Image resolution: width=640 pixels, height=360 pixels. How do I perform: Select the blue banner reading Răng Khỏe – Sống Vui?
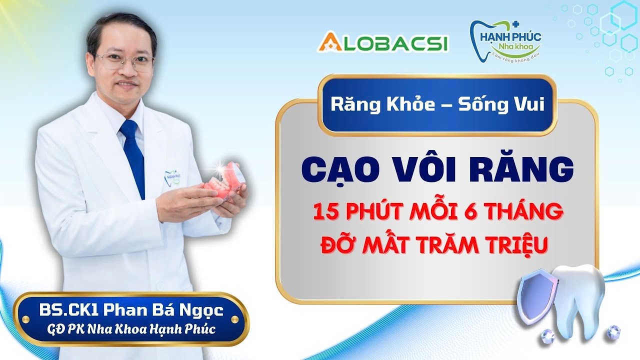(x=437, y=106)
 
